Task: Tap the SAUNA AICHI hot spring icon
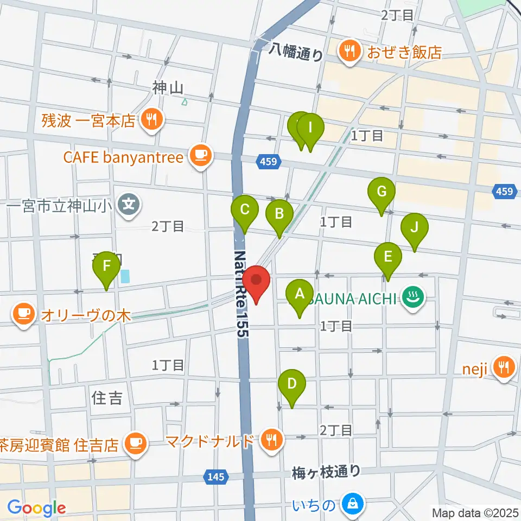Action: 414,297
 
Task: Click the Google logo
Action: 36,508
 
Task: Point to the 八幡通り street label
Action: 296,53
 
